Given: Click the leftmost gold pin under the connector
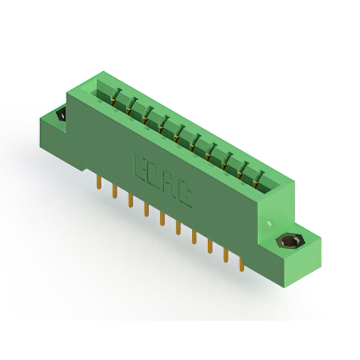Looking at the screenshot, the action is click(99, 182).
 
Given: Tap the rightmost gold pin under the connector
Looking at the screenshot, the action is click(241, 264).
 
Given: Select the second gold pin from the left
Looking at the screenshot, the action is click(115, 191).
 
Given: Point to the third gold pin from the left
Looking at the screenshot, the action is click(130, 201).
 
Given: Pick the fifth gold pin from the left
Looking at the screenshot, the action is click(163, 219).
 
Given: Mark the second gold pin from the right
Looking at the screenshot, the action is click(226, 255).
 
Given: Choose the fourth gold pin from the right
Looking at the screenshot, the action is click(194, 237).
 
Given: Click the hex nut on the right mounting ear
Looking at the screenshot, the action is click(291, 241).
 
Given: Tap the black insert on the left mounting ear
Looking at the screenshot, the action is click(61, 115).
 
